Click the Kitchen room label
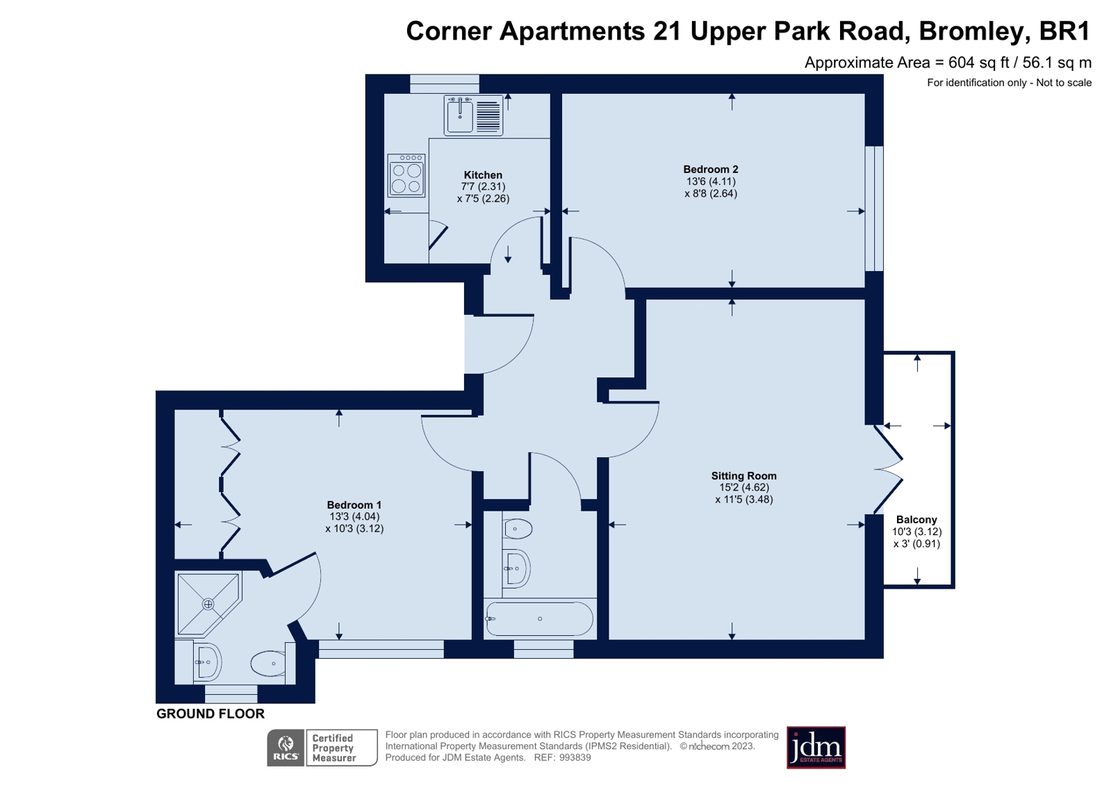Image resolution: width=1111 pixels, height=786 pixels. point(483,175)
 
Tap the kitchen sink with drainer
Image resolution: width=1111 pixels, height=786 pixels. point(473,115)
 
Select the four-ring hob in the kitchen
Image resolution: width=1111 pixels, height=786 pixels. point(406,175)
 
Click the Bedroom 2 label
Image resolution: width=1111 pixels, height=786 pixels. point(710,170)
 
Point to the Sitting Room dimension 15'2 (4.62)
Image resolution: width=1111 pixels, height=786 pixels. point(743,488)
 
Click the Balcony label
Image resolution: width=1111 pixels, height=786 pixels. point(916,520)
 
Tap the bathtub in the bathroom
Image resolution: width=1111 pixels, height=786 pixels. point(539,619)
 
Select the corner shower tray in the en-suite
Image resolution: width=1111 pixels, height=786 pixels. point(207,603)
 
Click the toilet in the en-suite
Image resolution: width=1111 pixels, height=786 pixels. point(269,664)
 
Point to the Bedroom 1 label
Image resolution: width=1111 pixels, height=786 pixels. point(354,505)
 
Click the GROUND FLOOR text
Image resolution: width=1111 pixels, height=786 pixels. point(210,714)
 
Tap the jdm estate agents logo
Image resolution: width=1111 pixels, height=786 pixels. point(816,748)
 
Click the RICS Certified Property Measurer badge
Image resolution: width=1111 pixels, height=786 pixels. point(322,748)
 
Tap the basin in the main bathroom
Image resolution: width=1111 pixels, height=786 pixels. point(516,568)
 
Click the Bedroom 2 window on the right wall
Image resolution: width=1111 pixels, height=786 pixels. point(874,208)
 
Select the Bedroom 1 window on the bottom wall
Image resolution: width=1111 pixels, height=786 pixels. point(381,649)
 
